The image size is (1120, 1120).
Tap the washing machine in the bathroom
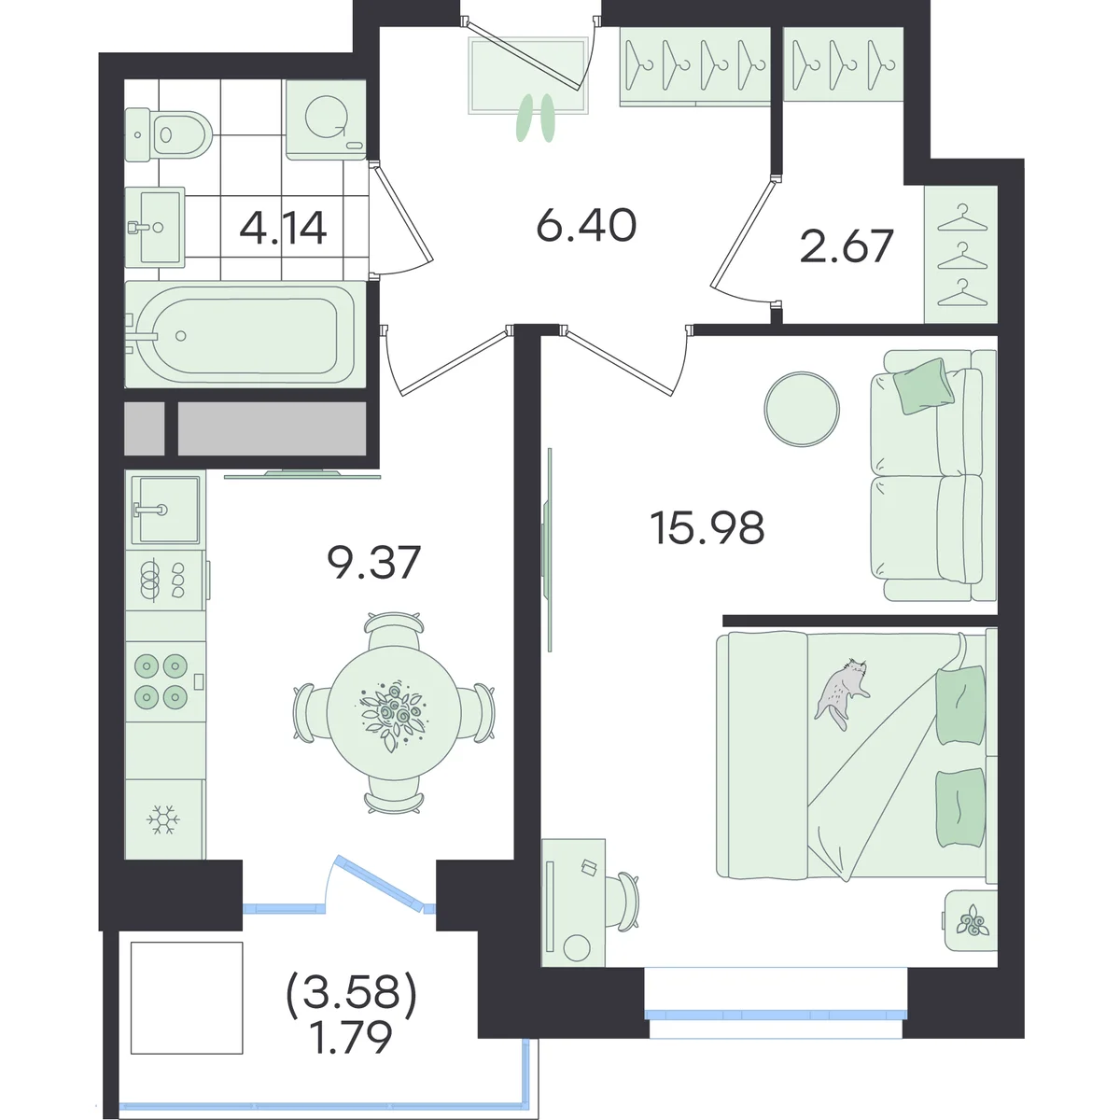326,119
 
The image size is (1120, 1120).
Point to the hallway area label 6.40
586,225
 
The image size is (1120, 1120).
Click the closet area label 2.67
846,246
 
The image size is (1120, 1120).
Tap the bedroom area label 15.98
707,527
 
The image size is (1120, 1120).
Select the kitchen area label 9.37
373,563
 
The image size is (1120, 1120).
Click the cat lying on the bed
842,693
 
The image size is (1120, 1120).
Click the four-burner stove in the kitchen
164,681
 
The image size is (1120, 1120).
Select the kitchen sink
165,510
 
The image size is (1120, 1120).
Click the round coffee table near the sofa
802,409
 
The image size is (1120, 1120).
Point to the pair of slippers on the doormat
536,118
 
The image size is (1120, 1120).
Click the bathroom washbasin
155,227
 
